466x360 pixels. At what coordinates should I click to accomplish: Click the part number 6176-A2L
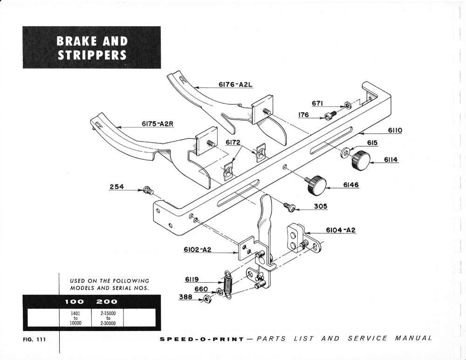click(235, 85)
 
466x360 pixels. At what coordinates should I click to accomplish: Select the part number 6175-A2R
click(158, 124)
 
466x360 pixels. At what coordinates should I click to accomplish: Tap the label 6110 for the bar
click(394, 131)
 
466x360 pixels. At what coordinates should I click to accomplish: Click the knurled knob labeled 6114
click(360, 160)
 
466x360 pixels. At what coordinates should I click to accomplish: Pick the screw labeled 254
click(149, 190)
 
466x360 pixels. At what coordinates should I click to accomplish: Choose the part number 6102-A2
click(198, 250)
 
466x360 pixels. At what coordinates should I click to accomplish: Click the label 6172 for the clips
click(233, 142)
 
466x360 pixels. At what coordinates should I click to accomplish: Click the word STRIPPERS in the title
click(92, 55)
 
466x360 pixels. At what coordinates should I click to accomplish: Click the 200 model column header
click(107, 302)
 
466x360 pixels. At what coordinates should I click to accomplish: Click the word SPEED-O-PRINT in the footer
click(201, 339)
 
